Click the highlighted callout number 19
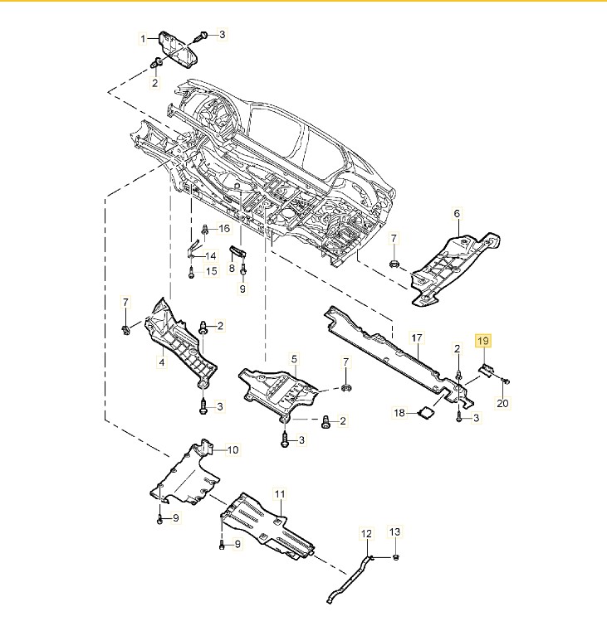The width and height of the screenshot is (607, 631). point(482,340)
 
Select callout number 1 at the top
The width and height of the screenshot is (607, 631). point(143,38)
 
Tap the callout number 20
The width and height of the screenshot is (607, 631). point(502,404)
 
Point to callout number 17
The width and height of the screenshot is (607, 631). point(417,337)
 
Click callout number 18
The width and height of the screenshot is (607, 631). point(399,412)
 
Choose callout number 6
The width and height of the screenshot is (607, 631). point(456,214)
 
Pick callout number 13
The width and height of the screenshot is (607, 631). point(395,531)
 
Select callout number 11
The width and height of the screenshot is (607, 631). point(280,493)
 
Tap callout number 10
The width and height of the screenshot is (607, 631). point(233,450)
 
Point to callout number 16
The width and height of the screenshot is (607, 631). point(224,228)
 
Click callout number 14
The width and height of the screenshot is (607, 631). point(210,255)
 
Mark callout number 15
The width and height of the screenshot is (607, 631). point(211,270)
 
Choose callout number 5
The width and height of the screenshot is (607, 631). point(293,358)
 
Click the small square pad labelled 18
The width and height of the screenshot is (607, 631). point(426,410)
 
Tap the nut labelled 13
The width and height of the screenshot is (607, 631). point(396,556)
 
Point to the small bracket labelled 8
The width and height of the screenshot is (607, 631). point(238,252)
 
